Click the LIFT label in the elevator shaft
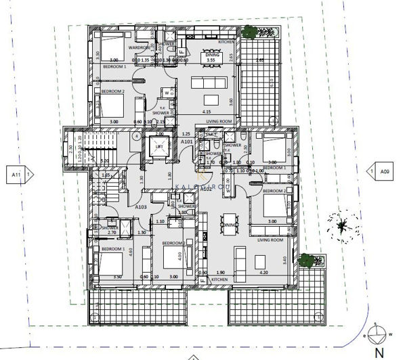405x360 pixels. [158, 146]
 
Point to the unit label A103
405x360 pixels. [141, 207]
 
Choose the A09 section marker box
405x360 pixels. [385, 172]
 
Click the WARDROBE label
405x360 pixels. [139, 48]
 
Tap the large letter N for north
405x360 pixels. [379, 352]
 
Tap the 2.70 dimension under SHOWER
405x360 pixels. [113, 233]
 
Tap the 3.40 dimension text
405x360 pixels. [294, 258]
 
